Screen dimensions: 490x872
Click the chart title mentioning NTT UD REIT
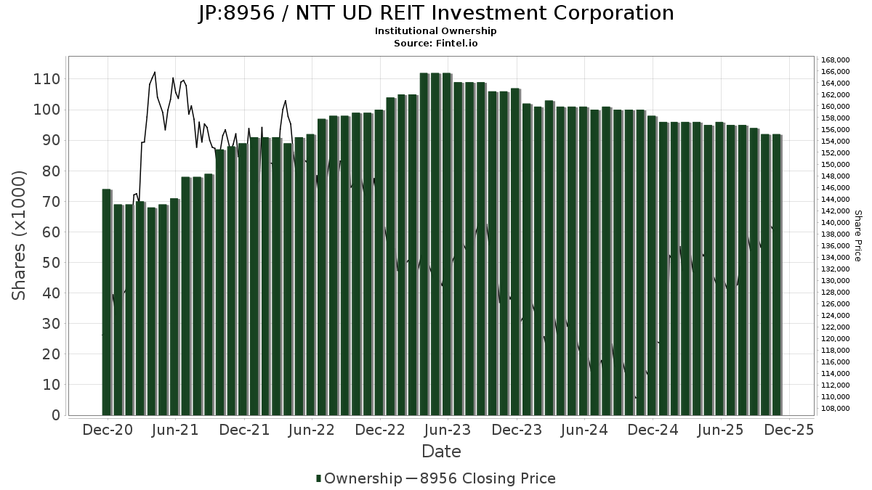pos(436,13)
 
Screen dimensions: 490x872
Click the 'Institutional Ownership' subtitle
pos(436,31)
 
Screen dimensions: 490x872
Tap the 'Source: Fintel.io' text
pos(436,44)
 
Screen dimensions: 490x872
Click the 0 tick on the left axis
pos(55,415)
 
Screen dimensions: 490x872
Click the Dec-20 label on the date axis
pos(107,430)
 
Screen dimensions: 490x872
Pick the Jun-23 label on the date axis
pos(448,430)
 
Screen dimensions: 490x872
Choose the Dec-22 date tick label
pos(380,430)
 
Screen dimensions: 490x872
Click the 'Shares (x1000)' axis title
pos(20,235)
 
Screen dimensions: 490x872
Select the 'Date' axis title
pos(441,452)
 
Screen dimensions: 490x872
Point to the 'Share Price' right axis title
pos(857,235)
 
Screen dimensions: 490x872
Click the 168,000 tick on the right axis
pos(833,60)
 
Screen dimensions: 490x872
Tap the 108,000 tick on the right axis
pos(833,409)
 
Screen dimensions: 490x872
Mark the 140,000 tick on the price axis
pos(833,223)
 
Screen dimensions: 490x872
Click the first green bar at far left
pos(107,302)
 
